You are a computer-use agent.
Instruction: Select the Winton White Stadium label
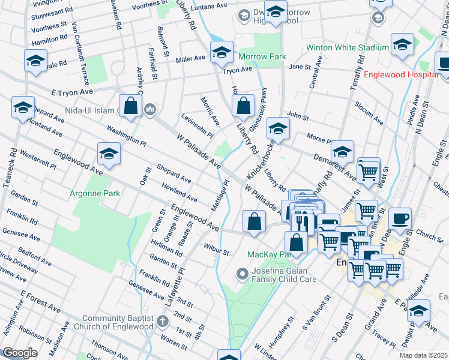tap(347, 47)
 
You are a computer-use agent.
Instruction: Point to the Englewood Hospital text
tap(402, 75)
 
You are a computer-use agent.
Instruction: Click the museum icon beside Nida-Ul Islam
tap(150, 109)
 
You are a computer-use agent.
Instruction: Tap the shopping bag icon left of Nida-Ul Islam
tap(130, 106)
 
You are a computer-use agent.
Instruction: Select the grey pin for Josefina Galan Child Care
tap(243, 274)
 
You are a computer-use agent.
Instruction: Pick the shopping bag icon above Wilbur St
tap(255, 221)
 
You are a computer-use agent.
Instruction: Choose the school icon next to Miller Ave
tap(221, 53)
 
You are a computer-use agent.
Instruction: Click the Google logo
tap(20, 353)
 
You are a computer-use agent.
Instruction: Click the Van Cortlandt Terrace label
tap(80, 53)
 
